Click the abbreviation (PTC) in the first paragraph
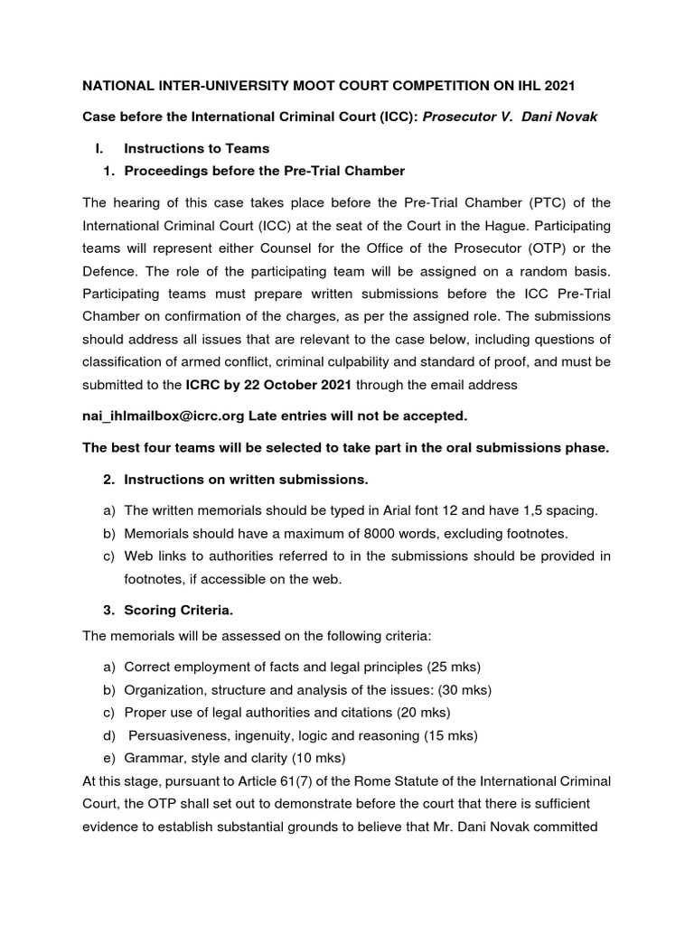click(x=546, y=201)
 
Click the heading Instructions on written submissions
click(x=246, y=478)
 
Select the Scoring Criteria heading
click(x=178, y=610)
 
